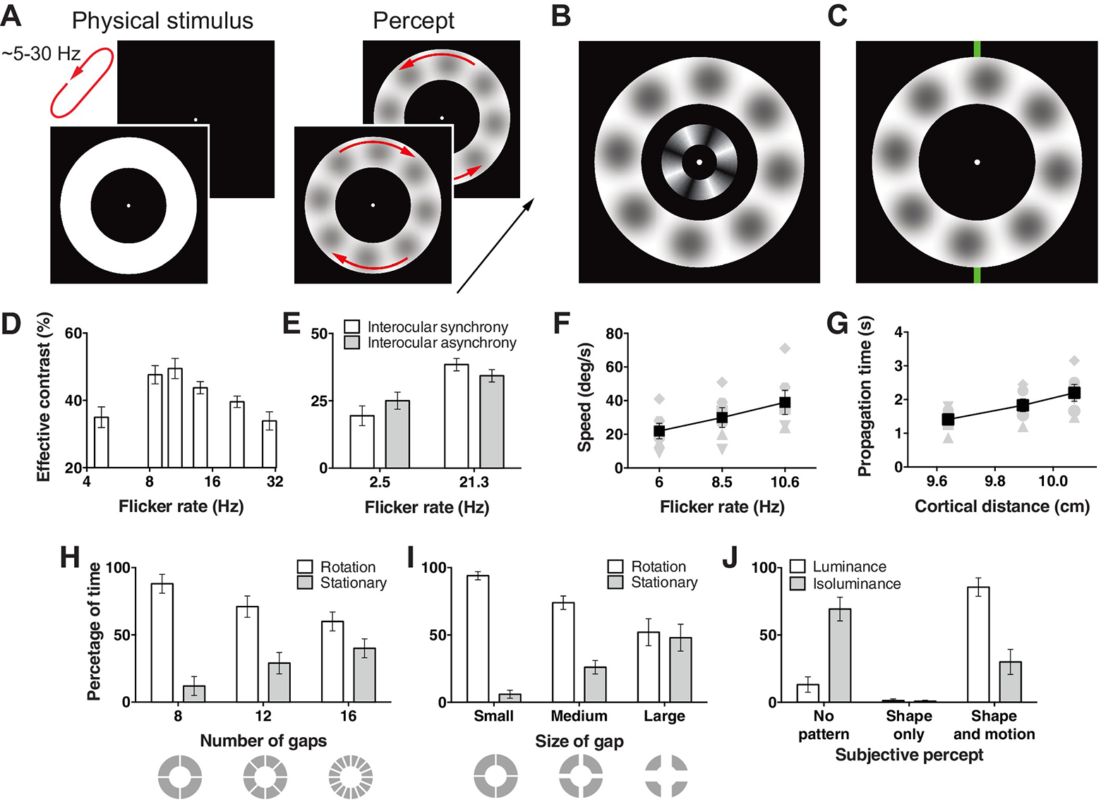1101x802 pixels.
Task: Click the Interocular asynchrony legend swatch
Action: click(x=352, y=343)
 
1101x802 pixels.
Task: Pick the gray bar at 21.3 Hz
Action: click(x=491, y=422)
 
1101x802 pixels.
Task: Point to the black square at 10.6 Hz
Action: click(x=785, y=403)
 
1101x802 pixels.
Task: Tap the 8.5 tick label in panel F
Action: click(x=721, y=482)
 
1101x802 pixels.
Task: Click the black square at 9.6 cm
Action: click(x=948, y=420)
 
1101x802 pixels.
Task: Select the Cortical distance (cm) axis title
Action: click(x=1002, y=506)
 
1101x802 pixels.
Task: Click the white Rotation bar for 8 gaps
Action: click(x=162, y=643)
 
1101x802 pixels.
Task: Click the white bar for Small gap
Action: click(x=478, y=639)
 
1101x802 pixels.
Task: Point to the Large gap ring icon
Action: click(x=666, y=776)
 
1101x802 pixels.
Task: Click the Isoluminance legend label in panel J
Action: click(x=857, y=584)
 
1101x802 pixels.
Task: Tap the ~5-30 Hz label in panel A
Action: click(x=41, y=54)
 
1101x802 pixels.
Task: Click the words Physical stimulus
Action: click(x=162, y=21)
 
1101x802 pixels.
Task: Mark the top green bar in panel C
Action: click(x=977, y=49)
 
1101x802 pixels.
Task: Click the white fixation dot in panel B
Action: click(x=699, y=162)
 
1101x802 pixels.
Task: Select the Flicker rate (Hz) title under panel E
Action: click(x=426, y=507)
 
